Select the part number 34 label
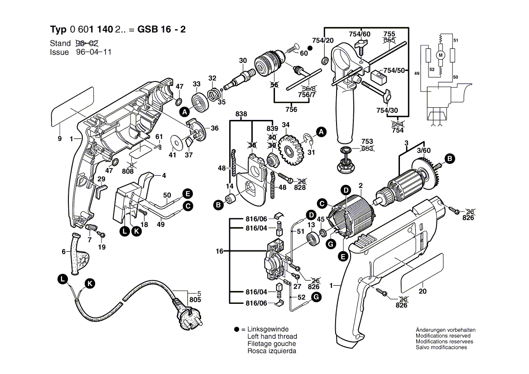(285, 125)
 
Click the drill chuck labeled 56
(270, 64)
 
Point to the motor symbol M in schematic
(439, 55)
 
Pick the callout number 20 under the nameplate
(422, 292)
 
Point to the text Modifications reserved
(443, 336)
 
